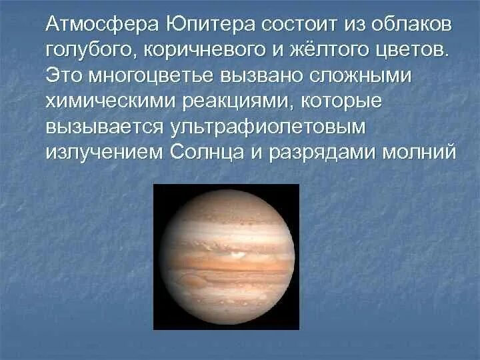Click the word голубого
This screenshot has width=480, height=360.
click(x=83, y=51)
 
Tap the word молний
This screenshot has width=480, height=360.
click(x=419, y=151)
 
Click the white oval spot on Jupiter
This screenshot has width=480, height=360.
click(x=237, y=253)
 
